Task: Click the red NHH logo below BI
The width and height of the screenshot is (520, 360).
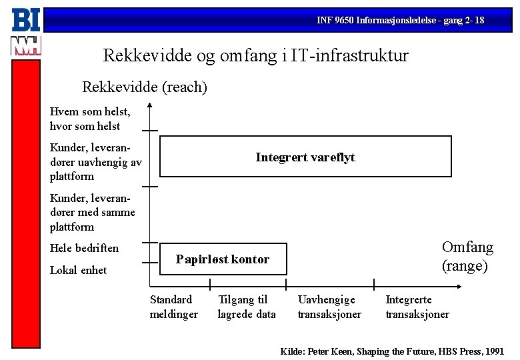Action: click(26, 46)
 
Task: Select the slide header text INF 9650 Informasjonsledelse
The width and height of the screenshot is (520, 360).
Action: click(401, 21)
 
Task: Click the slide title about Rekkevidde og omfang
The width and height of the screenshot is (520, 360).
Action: click(256, 55)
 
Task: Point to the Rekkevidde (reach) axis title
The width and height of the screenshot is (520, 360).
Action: click(145, 87)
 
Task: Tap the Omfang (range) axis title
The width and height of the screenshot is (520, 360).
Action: click(467, 257)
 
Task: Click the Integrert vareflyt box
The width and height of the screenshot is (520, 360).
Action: click(305, 157)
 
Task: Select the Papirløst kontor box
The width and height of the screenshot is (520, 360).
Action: click(223, 259)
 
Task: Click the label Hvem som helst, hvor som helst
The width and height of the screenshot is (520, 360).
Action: click(89, 119)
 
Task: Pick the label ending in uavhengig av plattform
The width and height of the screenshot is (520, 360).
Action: click(95, 161)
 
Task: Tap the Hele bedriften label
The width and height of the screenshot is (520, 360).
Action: click(84, 248)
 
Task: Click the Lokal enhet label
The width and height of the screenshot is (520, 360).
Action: click(78, 270)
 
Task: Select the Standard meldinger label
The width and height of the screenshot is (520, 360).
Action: click(173, 307)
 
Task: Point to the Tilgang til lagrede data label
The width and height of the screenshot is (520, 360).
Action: click(246, 307)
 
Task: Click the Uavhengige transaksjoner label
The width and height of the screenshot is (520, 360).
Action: click(329, 307)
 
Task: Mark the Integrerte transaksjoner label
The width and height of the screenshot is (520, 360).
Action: click(417, 307)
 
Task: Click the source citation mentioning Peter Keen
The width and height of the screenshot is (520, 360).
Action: click(392, 350)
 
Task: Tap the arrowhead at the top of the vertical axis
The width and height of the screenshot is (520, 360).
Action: click(150, 104)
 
